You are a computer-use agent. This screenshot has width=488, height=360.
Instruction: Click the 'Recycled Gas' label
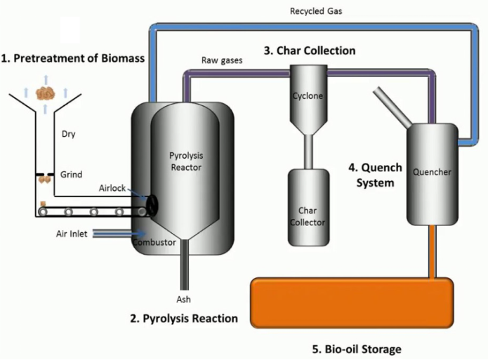(316, 11)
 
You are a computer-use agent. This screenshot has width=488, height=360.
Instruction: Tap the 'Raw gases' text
(222, 60)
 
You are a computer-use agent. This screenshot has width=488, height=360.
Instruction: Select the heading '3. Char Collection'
(310, 51)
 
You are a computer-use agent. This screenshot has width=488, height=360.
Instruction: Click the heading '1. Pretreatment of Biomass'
(73, 58)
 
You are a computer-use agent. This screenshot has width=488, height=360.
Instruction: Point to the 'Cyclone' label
(306, 95)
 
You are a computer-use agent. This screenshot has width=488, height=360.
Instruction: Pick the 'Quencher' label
(432, 171)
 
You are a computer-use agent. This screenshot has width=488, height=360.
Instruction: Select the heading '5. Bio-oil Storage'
(356, 349)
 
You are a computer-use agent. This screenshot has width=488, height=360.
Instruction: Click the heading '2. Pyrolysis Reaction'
(184, 319)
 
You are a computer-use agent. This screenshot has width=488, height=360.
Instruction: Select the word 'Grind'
(71, 175)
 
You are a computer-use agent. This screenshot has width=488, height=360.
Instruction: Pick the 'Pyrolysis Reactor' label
(186, 161)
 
